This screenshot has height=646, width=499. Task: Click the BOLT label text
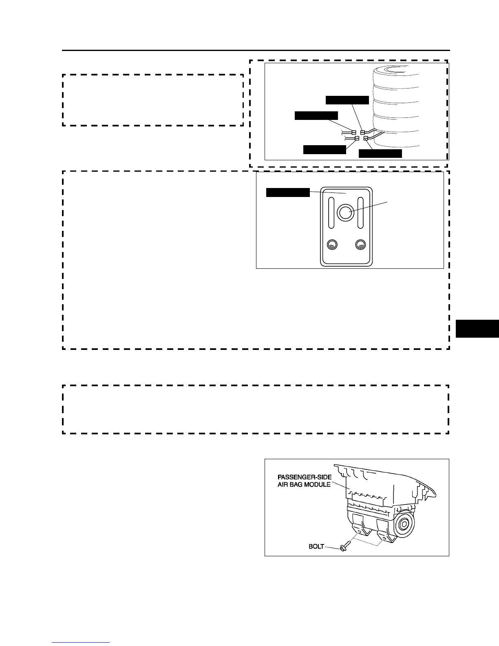point(316,546)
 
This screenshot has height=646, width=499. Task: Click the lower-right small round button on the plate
point(360,245)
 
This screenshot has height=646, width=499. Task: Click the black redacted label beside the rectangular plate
point(288,192)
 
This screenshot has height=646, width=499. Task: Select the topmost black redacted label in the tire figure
point(347,100)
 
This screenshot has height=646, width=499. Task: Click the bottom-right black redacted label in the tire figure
point(380,154)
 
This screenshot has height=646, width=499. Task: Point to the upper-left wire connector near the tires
point(354,132)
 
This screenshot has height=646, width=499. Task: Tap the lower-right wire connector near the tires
point(366,139)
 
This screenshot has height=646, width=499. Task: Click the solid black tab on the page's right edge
point(477,329)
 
